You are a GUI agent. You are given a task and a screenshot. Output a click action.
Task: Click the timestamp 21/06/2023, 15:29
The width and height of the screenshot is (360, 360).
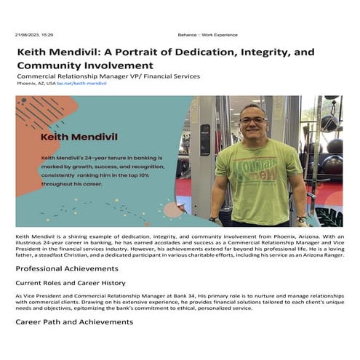pos(34,34)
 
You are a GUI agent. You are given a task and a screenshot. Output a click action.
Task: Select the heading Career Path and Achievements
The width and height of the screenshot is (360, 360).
pos(70,321)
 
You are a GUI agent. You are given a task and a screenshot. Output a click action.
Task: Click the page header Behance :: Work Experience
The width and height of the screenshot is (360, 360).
pos(207,34)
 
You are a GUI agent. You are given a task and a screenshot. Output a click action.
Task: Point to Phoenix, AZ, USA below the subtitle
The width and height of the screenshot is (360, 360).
pos(35,84)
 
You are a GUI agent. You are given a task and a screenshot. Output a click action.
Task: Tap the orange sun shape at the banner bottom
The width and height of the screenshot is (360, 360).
pos(173,211)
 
